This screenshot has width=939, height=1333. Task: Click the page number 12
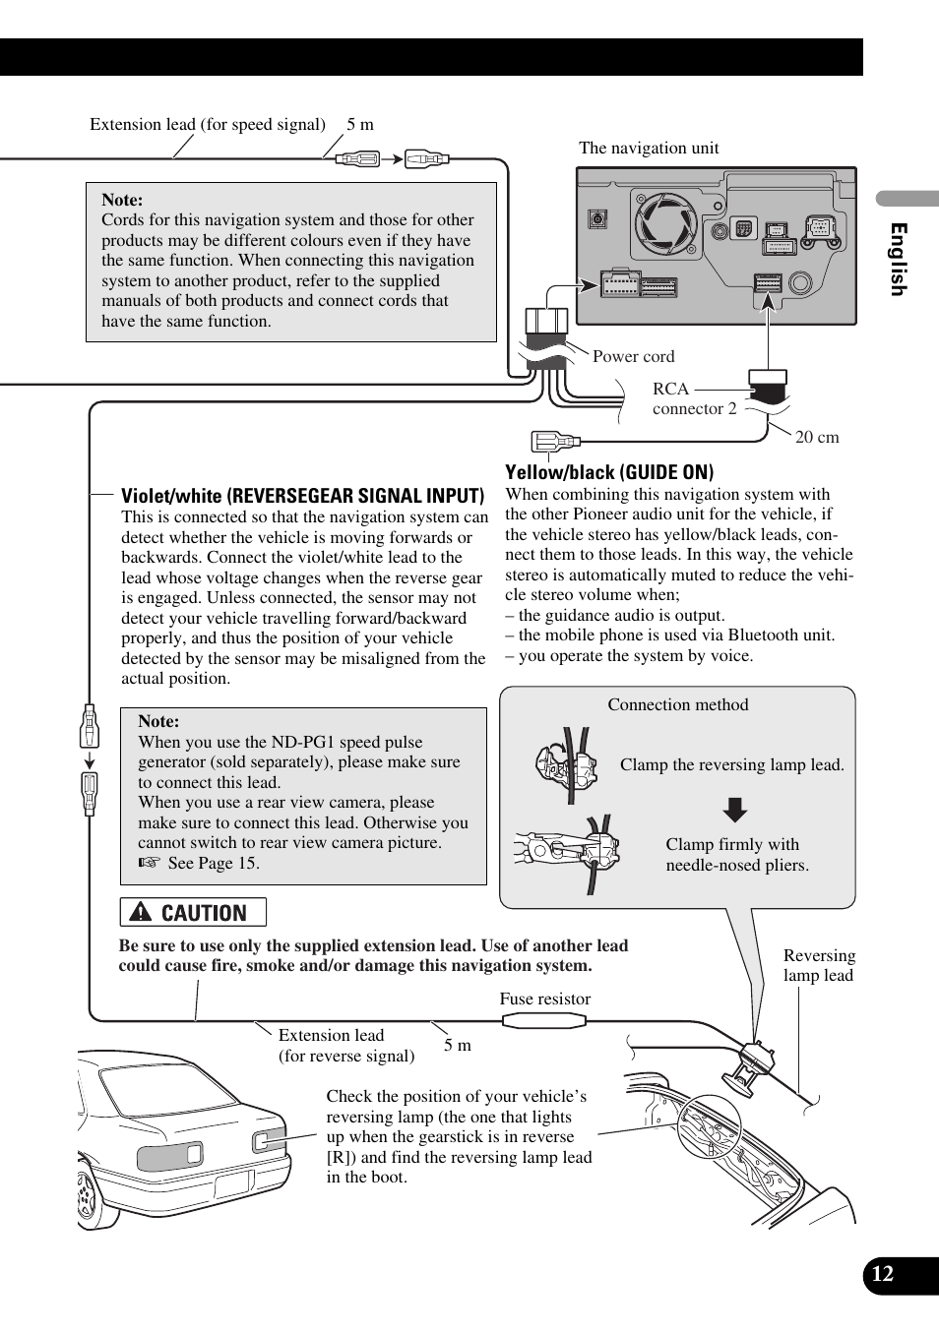pos(883,1274)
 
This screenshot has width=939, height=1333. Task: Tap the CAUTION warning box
pos(193,913)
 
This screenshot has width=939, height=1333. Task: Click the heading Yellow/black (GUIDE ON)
pos(609,472)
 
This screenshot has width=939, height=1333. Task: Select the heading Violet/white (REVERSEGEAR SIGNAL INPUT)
pos(302,496)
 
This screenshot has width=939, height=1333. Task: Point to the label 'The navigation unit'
pos(649,149)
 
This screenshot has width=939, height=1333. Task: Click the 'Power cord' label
pos(633,356)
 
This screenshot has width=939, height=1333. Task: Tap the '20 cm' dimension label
pos(817,438)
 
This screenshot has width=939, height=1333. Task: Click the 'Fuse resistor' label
pos(544,1000)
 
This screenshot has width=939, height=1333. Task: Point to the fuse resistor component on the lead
pos(543,1021)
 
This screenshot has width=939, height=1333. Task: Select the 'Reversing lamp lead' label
pos(819,965)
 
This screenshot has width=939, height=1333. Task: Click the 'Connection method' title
pos(677,704)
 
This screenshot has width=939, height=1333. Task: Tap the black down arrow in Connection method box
pos(735,810)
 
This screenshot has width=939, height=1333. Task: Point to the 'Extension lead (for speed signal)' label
pos(208,124)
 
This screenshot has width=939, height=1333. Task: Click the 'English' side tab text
pos(898,259)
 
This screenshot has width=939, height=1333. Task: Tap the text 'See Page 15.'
pos(213,863)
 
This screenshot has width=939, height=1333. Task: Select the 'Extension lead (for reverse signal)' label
pos(345,1046)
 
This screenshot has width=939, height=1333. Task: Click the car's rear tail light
pos(169,1155)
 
